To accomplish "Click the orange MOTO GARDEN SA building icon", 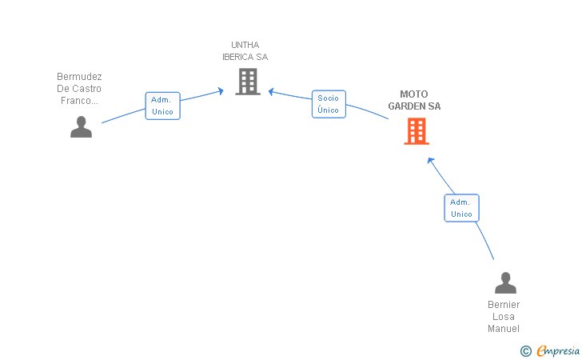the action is pos(417,131).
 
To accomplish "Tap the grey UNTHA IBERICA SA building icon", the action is pos(248,82).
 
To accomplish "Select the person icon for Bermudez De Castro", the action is pos(81,126).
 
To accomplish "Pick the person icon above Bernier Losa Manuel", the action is pos(505,282).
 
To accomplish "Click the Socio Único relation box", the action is pos(329,104).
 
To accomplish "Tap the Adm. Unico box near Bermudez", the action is pos(162,106).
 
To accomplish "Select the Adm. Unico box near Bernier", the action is pos(462,208).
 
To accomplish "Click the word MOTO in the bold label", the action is pos(414,94).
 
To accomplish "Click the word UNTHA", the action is pos(245,45).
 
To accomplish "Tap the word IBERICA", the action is pos(237,57).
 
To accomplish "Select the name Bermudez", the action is pos(79,77).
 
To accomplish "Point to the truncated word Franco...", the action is pos(79,101).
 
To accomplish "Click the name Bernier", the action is pos(504,305).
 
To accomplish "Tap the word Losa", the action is pos(504,317).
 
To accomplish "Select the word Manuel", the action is pos(504,329).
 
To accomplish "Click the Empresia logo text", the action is pos(558,351).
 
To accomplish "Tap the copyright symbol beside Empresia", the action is pos(526,351).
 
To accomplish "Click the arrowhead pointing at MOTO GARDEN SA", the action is pos(431,161).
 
